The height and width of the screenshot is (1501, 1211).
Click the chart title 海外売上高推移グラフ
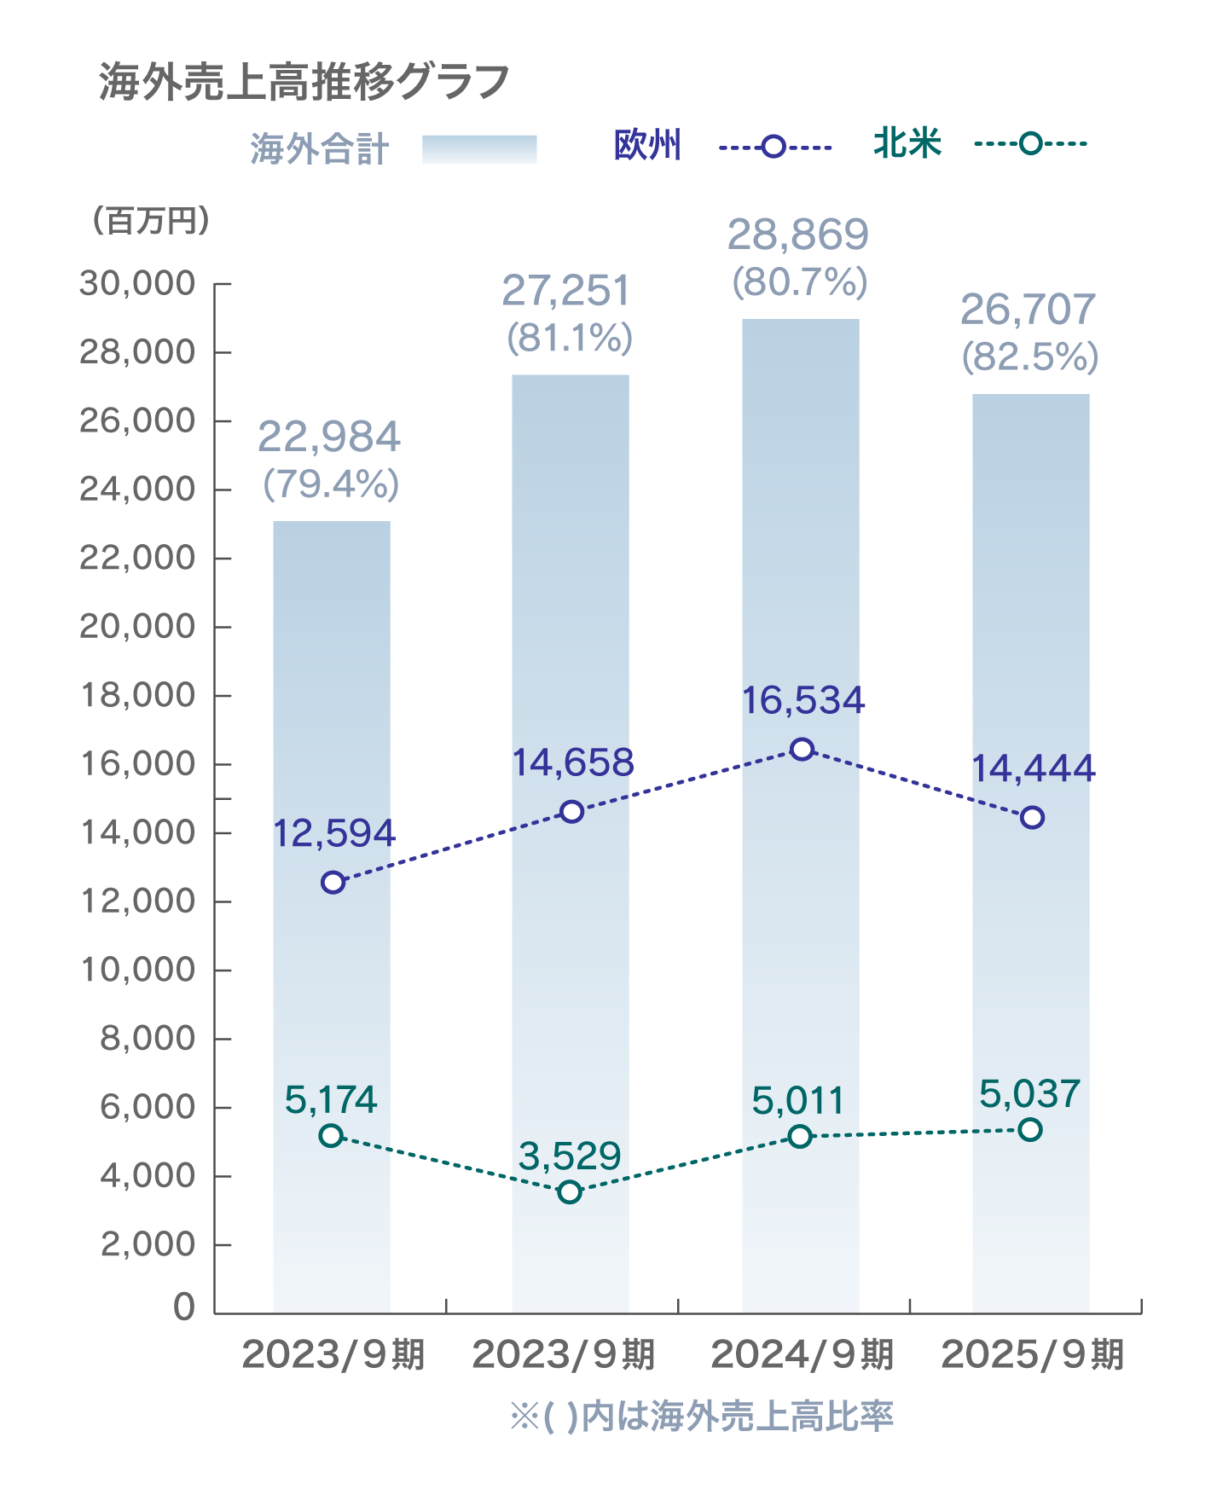point(304,83)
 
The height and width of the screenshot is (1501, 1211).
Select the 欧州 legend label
point(648,145)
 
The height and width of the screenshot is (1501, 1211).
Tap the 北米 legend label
point(907,143)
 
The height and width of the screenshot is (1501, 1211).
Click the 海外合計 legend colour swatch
point(479,149)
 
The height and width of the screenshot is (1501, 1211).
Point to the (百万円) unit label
point(150,221)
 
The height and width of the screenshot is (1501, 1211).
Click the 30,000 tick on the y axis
point(137,283)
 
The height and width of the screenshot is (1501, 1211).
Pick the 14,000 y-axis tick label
point(137,832)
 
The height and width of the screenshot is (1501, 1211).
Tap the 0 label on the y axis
point(183,1307)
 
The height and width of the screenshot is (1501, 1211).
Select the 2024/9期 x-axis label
point(802,1354)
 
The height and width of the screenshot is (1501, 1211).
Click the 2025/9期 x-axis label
point(1032,1354)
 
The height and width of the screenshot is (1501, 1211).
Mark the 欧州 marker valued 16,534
point(802,749)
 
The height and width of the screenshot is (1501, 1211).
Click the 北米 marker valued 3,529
point(570,1191)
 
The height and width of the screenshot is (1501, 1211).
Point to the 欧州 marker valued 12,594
point(333,882)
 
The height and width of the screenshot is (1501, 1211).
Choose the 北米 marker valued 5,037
point(1030,1129)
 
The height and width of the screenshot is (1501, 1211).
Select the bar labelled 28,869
point(800,810)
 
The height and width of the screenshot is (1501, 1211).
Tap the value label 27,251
point(566,292)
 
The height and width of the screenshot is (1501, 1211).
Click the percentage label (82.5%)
point(1030,356)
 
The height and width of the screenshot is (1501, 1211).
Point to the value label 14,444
point(1034,769)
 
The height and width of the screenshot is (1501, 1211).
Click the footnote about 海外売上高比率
point(701,1417)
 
